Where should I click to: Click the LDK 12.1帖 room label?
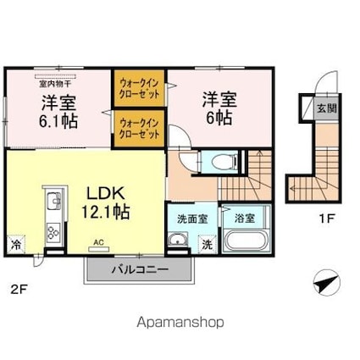tap(106, 202)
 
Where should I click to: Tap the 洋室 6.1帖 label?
tap(58, 112)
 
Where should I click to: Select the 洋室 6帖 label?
tap(219, 108)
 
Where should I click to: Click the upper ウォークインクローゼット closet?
tap(139, 88)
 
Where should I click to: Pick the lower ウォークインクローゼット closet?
tap(139, 129)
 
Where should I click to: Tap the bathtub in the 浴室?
tap(245, 241)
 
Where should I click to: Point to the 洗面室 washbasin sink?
tap(178, 240)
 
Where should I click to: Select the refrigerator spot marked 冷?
tap(16, 245)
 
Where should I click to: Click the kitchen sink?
tap(54, 201)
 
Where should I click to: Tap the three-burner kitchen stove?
tap(53, 233)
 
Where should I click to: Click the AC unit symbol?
tap(98, 249)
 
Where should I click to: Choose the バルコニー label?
tap(141, 269)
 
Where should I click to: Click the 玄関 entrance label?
tap(327, 108)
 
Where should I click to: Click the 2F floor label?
tap(19, 290)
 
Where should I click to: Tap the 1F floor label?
tap(326, 219)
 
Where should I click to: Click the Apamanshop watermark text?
tap(180, 323)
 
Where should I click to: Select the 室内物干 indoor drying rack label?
tap(55, 84)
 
